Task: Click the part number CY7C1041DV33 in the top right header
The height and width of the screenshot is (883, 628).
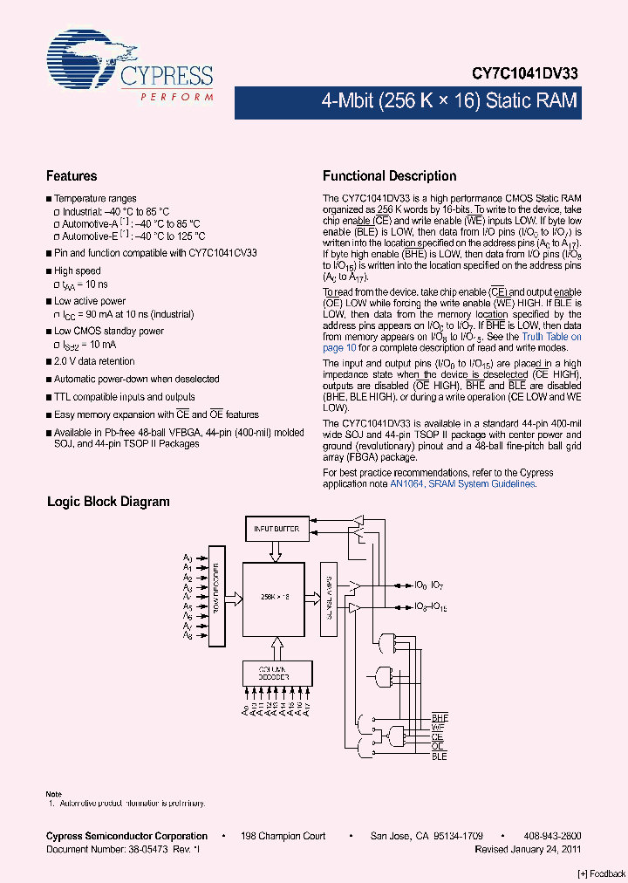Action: click(x=529, y=75)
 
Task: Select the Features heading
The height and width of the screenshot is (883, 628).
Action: click(x=72, y=176)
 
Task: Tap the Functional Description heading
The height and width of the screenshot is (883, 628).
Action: click(x=389, y=176)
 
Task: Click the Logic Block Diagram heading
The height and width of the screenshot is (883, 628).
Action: click(x=108, y=502)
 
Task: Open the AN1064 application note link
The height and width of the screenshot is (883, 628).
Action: click(x=406, y=483)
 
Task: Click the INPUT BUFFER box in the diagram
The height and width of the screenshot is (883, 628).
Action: click(x=276, y=529)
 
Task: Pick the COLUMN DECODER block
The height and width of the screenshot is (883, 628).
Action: click(x=276, y=673)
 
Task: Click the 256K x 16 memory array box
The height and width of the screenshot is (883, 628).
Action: click(x=276, y=597)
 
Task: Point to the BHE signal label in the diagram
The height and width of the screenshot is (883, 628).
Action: click(x=439, y=717)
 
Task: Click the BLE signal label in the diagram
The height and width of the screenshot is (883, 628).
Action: click(x=439, y=756)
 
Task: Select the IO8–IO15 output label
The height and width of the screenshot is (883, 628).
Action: click(x=429, y=606)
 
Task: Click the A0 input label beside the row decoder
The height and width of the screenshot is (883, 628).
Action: click(x=188, y=558)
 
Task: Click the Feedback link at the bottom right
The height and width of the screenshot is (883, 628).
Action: click(x=602, y=873)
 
